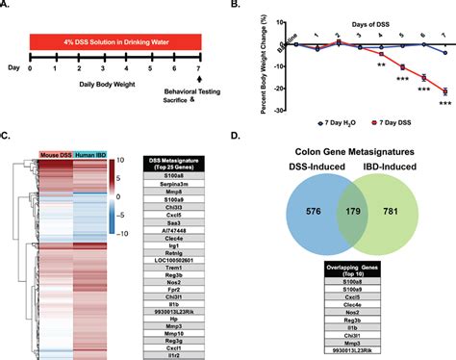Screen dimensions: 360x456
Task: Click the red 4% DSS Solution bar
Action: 115,43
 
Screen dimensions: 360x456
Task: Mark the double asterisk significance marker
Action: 382,64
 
